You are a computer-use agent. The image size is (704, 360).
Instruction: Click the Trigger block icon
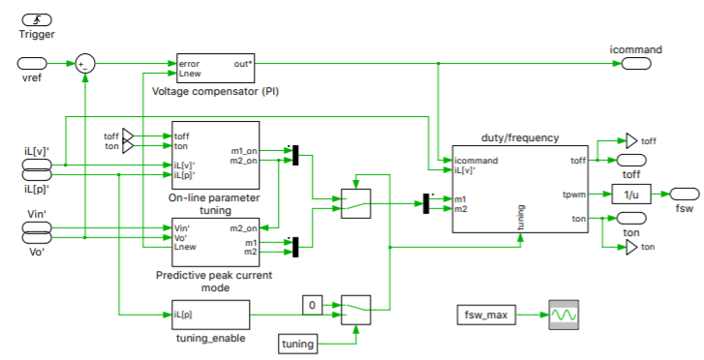[37, 18]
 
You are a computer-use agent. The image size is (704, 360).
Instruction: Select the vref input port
[37, 64]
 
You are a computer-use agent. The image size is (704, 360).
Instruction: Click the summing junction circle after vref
[85, 64]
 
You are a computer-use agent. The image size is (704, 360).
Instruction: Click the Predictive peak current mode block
[215, 241]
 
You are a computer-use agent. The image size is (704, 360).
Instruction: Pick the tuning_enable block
[210, 315]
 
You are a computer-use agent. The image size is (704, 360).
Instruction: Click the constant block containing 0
[311, 306]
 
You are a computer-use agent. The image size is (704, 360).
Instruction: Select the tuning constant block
[298, 344]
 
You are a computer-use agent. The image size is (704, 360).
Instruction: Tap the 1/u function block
[628, 194]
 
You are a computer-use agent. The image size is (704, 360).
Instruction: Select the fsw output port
[685, 194]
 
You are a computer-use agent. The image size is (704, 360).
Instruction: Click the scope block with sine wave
[564, 315]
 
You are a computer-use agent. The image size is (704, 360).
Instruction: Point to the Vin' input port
[37, 227]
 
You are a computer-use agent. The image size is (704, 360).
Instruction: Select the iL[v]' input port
[37, 165]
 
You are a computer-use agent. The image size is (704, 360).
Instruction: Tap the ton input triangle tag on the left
[130, 147]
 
